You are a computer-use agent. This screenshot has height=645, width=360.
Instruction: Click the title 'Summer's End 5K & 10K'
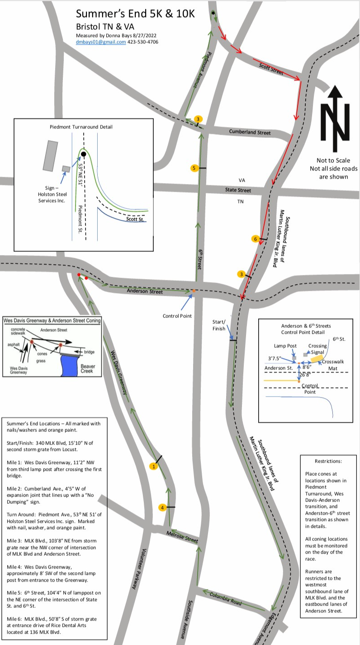tap(135, 14)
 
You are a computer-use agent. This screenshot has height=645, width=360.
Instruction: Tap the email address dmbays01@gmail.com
tap(101, 42)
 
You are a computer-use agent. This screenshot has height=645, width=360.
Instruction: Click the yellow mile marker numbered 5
tap(194, 168)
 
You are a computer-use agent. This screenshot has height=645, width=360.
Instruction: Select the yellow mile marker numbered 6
tap(255, 239)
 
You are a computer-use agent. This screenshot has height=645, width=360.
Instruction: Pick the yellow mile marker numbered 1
tap(154, 466)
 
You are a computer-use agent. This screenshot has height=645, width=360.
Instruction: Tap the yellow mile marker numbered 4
tap(162, 507)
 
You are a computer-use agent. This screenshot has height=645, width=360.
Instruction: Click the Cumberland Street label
tap(250, 132)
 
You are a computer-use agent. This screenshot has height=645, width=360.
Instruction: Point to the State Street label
tap(238, 190)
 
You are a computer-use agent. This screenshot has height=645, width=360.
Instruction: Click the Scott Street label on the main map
tap(271, 69)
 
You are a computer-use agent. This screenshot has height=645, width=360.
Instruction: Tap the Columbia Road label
tap(226, 599)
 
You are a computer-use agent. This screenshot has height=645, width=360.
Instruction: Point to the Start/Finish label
tap(219, 325)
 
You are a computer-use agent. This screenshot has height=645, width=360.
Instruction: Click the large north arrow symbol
tap(335, 119)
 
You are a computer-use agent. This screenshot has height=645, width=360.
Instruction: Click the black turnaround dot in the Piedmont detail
tap(84, 154)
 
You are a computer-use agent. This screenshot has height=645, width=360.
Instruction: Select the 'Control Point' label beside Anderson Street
tap(177, 316)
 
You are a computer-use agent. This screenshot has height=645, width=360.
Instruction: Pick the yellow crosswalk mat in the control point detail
tap(316, 359)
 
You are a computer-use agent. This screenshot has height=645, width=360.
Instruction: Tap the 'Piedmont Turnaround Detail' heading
tap(81, 127)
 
